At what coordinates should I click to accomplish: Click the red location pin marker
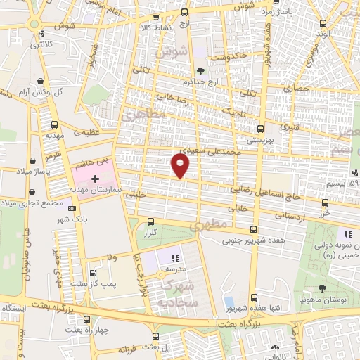click(x=181, y=165)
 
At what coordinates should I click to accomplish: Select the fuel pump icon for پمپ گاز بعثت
click(x=92, y=273)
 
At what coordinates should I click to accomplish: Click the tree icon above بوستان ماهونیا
click(x=321, y=288)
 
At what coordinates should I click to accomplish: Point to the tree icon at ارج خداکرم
click(x=201, y=70)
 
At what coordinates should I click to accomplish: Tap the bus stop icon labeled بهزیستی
click(x=261, y=129)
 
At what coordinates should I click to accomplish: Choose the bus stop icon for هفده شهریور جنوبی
click(x=253, y=230)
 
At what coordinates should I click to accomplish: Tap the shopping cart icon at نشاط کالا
click(x=184, y=12)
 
